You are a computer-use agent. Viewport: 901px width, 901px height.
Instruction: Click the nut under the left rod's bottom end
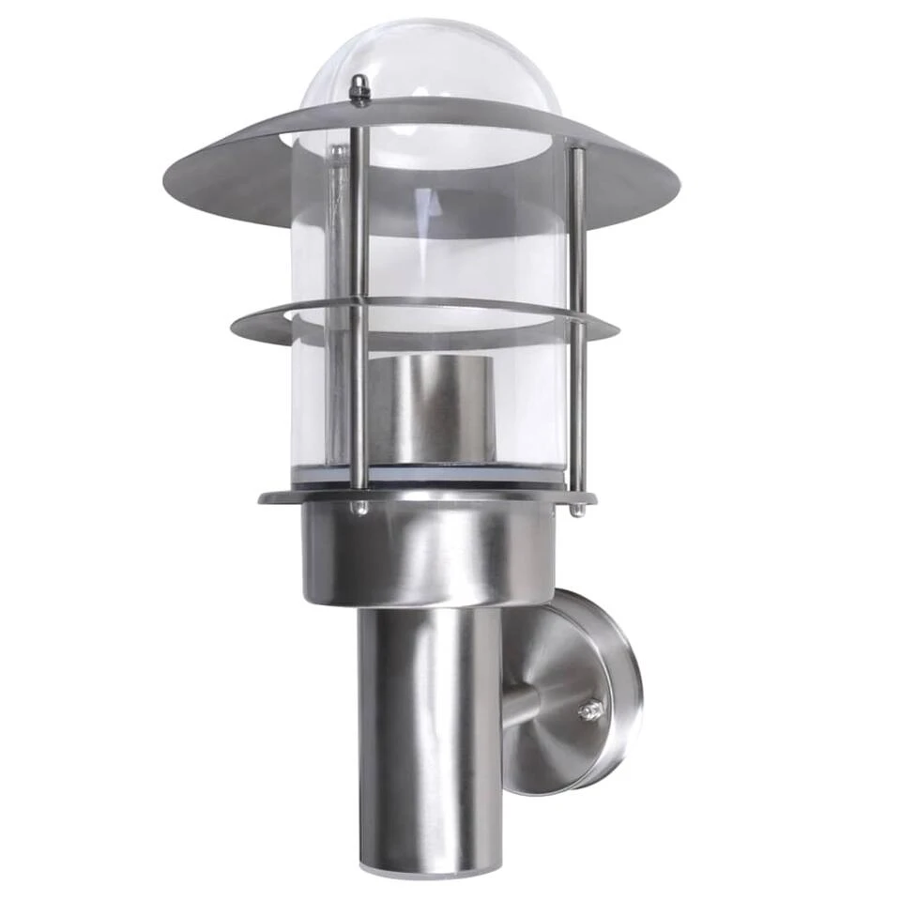358,508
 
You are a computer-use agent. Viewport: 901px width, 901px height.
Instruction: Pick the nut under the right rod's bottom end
578,510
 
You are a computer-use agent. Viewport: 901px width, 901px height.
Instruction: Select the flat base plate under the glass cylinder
282,496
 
